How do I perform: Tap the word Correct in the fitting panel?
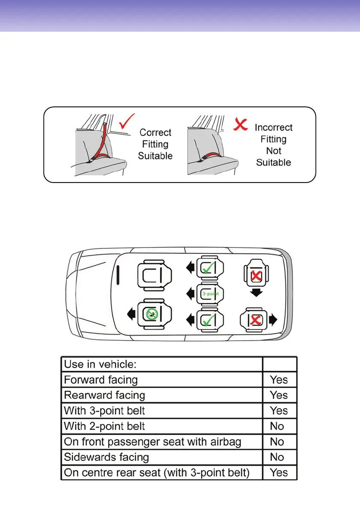click(156, 133)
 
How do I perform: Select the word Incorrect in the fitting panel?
click(274, 127)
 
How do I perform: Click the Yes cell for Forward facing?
click(279, 380)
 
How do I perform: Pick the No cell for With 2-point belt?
click(277, 426)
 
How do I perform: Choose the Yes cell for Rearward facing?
click(279, 395)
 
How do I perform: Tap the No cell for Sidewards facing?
click(277, 457)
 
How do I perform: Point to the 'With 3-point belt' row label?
click(104, 411)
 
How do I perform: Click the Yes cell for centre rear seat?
click(279, 473)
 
